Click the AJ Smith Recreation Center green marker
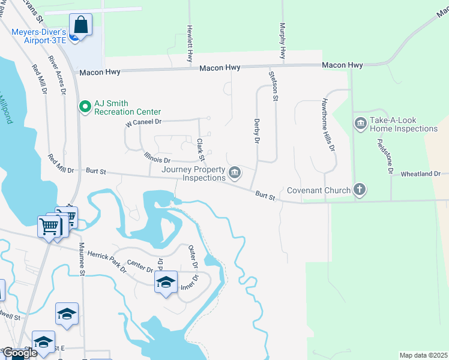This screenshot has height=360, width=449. click(85, 107)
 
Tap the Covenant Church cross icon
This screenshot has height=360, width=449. click(360, 190)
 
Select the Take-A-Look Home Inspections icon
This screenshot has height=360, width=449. click(361, 124)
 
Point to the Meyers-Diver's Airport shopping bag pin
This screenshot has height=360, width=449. click(80, 26)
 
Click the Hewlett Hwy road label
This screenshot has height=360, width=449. click(189, 44)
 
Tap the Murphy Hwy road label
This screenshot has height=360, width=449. click(281, 41)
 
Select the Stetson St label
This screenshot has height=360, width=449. click(275, 86)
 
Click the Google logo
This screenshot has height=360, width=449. click(19, 353)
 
